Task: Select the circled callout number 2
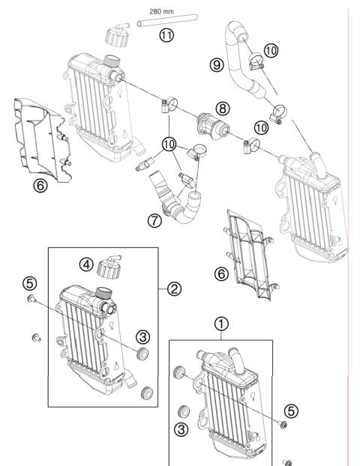[x=174, y=288]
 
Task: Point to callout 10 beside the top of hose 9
[x=271, y=50]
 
